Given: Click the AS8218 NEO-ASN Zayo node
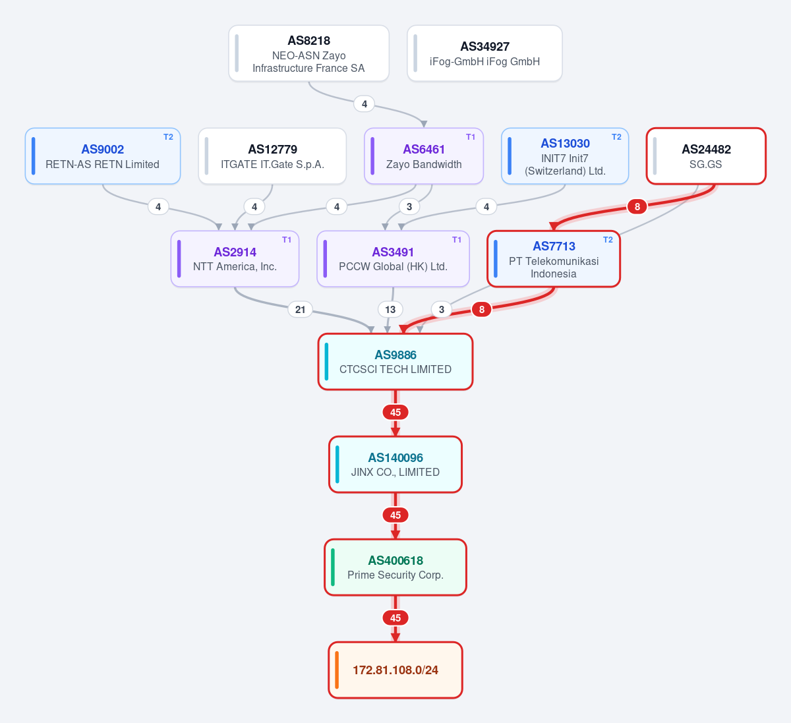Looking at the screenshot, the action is [308, 53].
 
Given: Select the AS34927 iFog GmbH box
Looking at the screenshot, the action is [484, 53].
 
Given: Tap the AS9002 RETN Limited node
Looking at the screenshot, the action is [103, 156].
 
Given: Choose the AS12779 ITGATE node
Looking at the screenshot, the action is [272, 156].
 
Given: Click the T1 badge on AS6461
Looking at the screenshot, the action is [471, 137].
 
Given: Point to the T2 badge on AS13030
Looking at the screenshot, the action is [616, 137].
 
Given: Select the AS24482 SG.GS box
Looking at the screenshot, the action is [706, 156].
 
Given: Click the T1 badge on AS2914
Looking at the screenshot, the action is [287, 240].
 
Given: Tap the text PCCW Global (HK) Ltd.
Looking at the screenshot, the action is [393, 267].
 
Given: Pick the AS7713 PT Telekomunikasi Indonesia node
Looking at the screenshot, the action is [554, 259].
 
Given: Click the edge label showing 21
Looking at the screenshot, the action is [300, 310].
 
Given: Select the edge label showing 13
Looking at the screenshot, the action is [390, 310].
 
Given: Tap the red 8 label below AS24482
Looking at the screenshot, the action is [637, 207].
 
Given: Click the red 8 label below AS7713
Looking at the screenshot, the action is [481, 310].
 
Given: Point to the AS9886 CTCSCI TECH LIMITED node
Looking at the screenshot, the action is [395, 362].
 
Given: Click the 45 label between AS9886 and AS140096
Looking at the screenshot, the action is [395, 413].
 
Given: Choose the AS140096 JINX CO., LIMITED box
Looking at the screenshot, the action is [395, 464].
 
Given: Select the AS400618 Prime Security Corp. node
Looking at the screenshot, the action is [395, 567].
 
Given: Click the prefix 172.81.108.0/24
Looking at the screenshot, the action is [395, 670].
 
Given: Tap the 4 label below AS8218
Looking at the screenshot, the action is [365, 104].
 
